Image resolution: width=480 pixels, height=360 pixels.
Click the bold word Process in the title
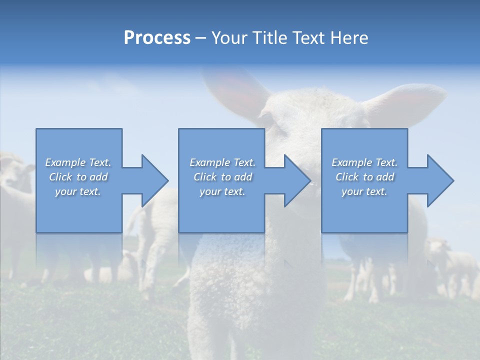click(x=157, y=38)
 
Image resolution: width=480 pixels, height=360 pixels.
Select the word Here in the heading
click(x=350, y=38)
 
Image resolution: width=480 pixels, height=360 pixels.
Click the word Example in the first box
click(x=65, y=162)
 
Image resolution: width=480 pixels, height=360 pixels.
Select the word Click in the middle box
click(x=205, y=177)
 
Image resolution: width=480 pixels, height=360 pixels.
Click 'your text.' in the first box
click(x=78, y=191)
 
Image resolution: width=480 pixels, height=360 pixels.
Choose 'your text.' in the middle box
click(x=222, y=191)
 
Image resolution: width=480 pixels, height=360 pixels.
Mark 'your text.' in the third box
click(x=364, y=191)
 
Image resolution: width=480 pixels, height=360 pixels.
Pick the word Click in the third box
click(x=347, y=177)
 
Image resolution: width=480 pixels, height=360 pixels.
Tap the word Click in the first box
click(x=60, y=177)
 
